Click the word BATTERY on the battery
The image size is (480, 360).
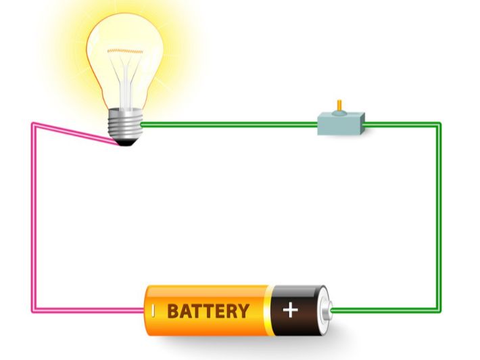pos(208,311)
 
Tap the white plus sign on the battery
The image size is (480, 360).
pos(291,311)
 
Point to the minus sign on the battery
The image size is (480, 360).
pos(153,311)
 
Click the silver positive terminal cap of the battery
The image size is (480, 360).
pos(327,311)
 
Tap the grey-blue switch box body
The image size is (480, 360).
pos(341,125)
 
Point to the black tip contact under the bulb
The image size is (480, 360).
pos(124,142)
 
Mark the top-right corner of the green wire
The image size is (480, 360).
pos(439,125)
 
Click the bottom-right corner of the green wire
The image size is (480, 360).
pos(439,311)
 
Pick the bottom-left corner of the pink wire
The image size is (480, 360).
pos(33,311)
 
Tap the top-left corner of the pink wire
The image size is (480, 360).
pos(33,124)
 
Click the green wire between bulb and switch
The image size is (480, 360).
pos(230,125)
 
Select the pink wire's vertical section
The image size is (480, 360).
pos(33,217)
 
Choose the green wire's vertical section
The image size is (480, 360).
pos(439,217)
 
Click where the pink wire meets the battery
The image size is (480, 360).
pos(143,311)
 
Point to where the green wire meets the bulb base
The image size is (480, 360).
pos(142,125)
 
